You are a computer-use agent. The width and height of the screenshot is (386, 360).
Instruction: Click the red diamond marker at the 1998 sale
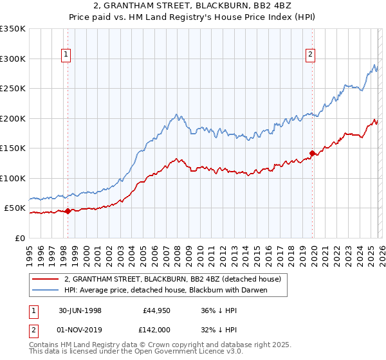tap(68, 211)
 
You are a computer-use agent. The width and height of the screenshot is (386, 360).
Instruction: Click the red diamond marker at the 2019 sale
tap(312, 153)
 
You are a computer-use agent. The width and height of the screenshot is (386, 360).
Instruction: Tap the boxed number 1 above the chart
tap(66, 55)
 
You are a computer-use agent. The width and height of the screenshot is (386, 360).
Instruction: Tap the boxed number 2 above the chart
tap(310, 55)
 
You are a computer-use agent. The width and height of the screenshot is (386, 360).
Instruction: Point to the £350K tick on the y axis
tap(13, 29)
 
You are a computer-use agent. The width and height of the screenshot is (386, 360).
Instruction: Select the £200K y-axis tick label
tap(13, 118)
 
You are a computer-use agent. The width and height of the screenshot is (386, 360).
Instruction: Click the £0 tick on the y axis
tap(19, 238)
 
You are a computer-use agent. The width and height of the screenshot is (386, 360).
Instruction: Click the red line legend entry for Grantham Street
tap(172, 280)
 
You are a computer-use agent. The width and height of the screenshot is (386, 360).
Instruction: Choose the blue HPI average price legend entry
tap(165, 291)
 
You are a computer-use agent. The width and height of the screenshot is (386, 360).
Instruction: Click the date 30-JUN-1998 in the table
tap(80, 310)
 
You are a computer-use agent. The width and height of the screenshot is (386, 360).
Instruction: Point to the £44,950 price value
tap(154, 310)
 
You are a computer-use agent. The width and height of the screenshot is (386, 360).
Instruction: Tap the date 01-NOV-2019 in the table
tap(80, 329)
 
